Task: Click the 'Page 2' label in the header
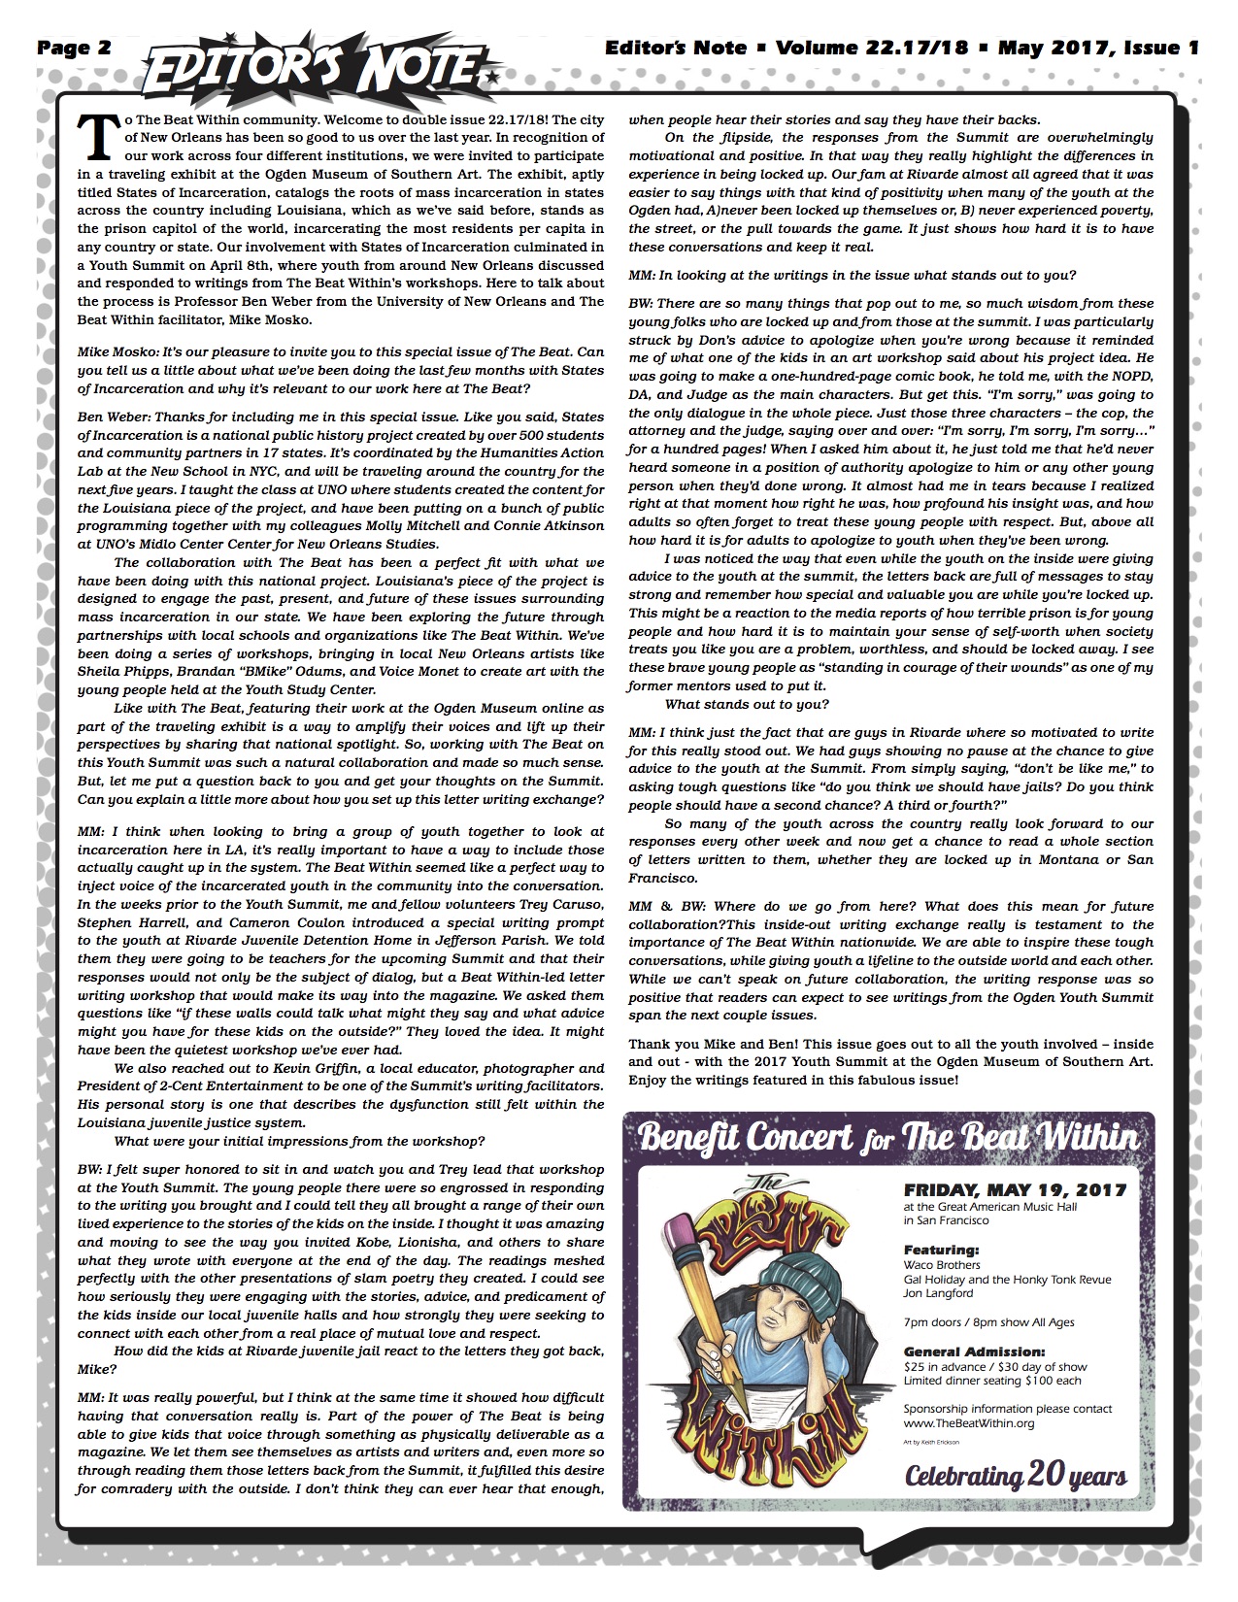(74, 48)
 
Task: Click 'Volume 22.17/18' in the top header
(871, 48)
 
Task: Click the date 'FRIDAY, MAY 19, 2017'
(1015, 1189)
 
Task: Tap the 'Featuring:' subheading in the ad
(941, 1250)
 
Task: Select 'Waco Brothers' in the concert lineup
(942, 1265)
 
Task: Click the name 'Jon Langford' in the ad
(938, 1293)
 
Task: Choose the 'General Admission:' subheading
(974, 1352)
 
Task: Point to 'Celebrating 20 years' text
(1016, 1476)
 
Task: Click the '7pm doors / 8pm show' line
(988, 1322)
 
